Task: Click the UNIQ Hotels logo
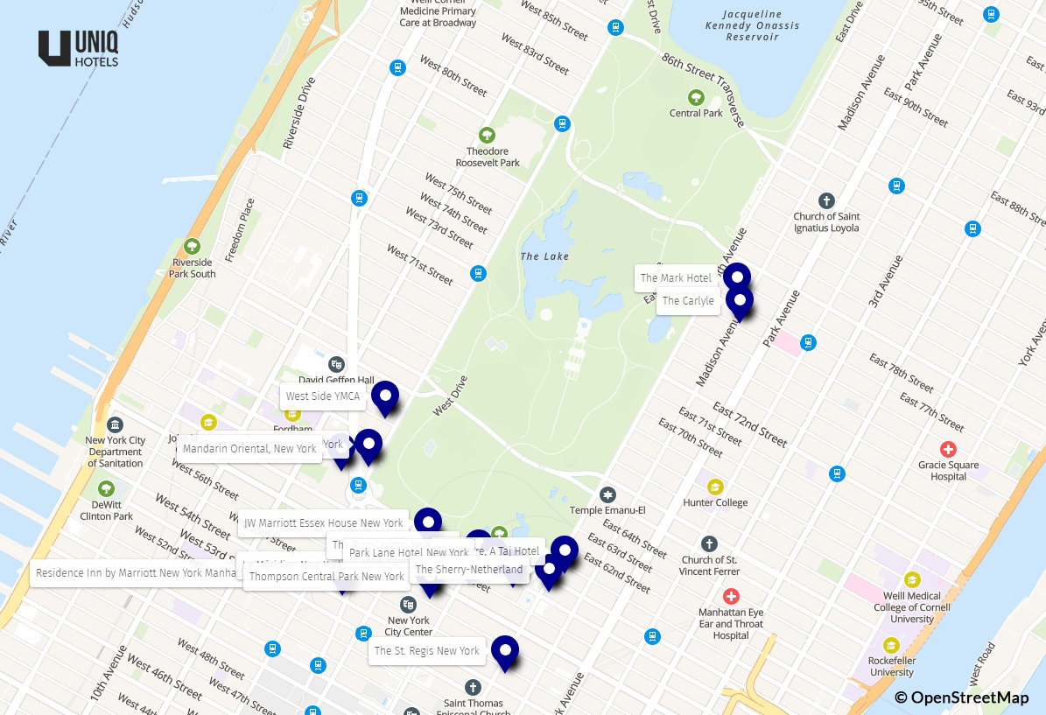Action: (79, 48)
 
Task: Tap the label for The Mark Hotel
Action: (675, 278)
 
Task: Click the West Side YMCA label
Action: (322, 396)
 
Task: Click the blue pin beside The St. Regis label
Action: (505, 651)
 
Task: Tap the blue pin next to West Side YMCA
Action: (385, 396)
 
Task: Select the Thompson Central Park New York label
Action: (326, 577)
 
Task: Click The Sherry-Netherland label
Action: (469, 570)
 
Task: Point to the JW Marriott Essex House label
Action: (323, 523)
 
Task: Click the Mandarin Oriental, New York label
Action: (249, 449)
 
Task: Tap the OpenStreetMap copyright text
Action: (961, 697)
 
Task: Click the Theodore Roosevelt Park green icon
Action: (487, 135)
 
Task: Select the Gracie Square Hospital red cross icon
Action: (948, 449)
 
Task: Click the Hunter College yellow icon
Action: (715, 487)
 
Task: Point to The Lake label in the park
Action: (544, 256)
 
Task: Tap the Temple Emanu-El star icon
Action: (607, 495)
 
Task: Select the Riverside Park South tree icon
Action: (193, 246)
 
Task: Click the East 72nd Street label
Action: (749, 424)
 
